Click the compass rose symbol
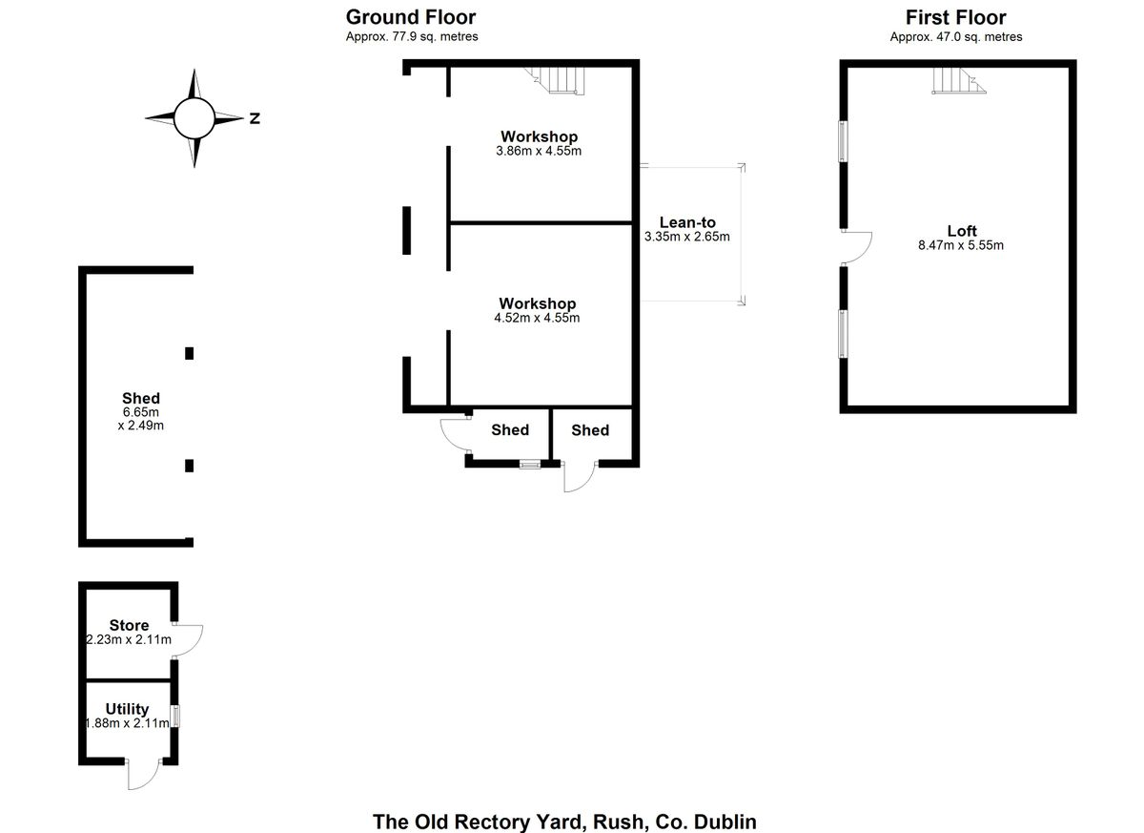click(194, 118)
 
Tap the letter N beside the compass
click(255, 119)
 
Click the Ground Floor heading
click(411, 17)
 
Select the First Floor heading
click(955, 17)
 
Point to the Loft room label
click(962, 231)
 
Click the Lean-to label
click(687, 223)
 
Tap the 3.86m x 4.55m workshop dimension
click(539, 151)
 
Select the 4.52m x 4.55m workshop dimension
click(537, 318)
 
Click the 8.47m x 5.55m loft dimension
click(961, 245)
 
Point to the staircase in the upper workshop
click(559, 79)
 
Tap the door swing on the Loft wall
click(858, 248)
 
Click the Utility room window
click(175, 717)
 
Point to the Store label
click(129, 626)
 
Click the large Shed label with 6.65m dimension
click(141, 398)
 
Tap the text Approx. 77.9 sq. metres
click(412, 37)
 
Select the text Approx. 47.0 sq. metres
click(955, 37)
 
